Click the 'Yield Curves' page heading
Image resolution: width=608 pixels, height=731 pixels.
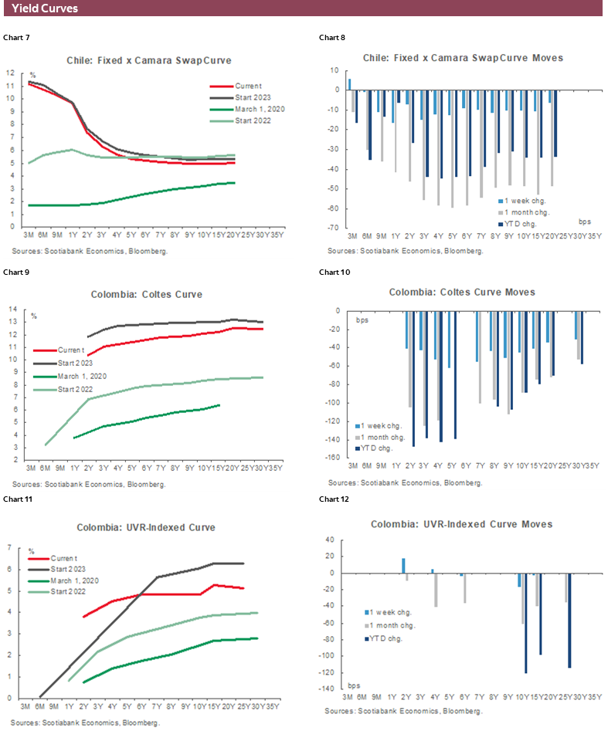pyautogui.click(x=45, y=8)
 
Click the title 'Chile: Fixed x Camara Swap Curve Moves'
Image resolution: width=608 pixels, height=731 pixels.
pyautogui.click(x=463, y=58)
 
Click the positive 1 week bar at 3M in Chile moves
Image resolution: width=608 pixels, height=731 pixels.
pyautogui.click(x=349, y=84)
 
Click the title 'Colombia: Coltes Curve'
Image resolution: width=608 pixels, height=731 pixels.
pyautogui.click(x=146, y=293)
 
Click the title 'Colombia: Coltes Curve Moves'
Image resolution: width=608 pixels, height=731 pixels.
pyautogui.click(x=462, y=292)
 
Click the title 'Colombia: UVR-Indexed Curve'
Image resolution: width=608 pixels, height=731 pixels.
pyautogui.click(x=146, y=528)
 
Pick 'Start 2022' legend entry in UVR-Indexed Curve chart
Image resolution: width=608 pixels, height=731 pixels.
pyautogui.click(x=67, y=592)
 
